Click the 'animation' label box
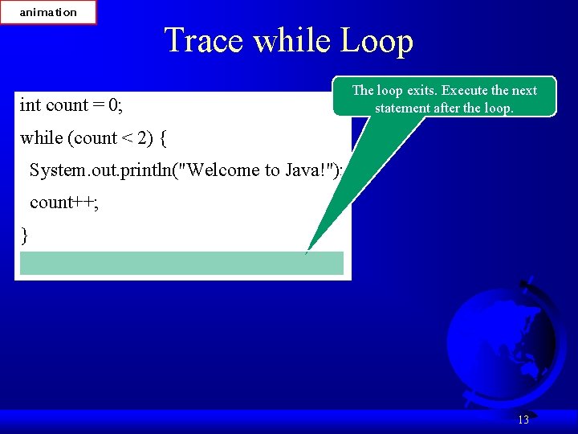[48, 12]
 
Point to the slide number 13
[523, 420]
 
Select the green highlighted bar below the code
[181, 263]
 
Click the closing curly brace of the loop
[25, 235]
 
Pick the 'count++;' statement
[64, 203]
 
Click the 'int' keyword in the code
[30, 105]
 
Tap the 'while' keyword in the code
[42, 138]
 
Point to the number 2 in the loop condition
[141, 138]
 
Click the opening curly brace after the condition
[163, 138]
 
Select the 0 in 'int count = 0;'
[114, 105]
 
